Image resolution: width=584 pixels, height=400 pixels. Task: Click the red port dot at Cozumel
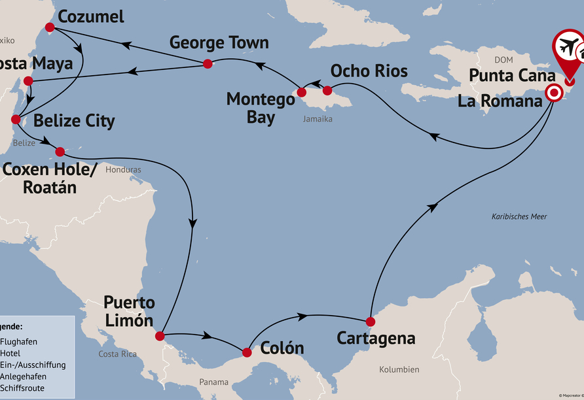coord(49,27)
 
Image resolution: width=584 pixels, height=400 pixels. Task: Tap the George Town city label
coord(219,43)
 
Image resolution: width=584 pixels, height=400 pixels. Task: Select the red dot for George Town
coord(207,63)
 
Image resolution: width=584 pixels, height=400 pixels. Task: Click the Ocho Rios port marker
coord(327,90)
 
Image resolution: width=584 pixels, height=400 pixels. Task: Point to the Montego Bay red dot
coord(301,92)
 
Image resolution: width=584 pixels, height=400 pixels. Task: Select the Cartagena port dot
coord(370,321)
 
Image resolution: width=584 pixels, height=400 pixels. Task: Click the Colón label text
coord(282,347)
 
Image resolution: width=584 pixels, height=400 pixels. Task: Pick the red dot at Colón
coord(246,352)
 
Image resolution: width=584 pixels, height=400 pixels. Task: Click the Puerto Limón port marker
coord(159,336)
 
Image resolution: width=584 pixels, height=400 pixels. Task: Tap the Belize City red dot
coord(16,120)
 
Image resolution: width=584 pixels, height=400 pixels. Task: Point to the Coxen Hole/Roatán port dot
coord(60,152)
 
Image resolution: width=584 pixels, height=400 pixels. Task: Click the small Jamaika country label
coord(318,119)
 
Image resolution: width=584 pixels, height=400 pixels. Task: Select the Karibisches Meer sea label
coord(519,216)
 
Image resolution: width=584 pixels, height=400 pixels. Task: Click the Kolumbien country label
coord(399,369)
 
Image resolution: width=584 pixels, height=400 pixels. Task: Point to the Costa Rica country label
coord(117,354)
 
